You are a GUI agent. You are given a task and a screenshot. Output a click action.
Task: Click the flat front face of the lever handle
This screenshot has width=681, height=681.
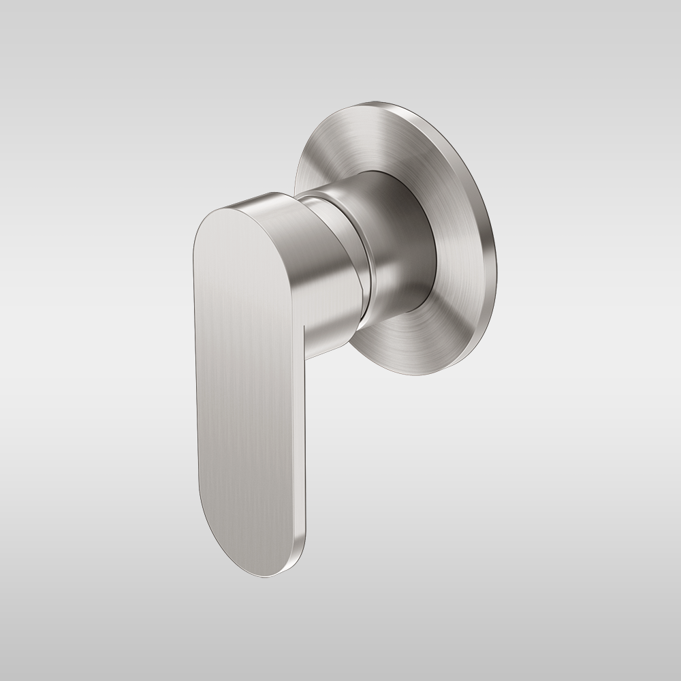pyautogui.click(x=249, y=381)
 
